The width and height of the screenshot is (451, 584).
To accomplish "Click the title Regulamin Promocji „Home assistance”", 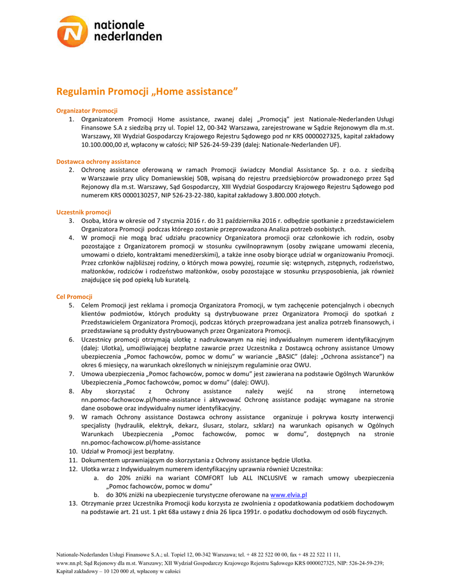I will (x=146, y=91).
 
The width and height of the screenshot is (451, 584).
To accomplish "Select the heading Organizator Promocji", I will (x=87, y=110).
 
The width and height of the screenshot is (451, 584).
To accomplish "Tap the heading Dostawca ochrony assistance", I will (x=98, y=161).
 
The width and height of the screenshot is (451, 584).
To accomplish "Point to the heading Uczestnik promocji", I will (x=83, y=212).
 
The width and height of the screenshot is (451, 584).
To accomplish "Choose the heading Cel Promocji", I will (x=74, y=297).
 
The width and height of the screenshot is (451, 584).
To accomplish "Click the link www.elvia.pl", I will (x=289, y=495).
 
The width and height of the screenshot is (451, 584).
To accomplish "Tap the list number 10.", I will (x=73, y=451).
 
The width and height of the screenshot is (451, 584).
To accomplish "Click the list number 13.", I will (x=73, y=504).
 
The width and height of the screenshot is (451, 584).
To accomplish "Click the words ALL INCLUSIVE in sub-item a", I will (x=247, y=477).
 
